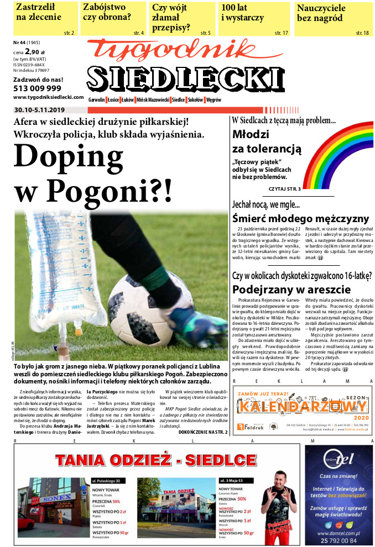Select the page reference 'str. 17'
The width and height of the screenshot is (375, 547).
282,33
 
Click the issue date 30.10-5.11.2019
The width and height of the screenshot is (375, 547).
40,110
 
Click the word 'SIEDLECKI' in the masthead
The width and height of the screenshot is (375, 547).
187,80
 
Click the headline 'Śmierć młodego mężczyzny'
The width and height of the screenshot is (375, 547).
300,218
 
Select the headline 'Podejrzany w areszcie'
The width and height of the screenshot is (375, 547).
291,289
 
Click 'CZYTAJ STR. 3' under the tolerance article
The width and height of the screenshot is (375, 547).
284,189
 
